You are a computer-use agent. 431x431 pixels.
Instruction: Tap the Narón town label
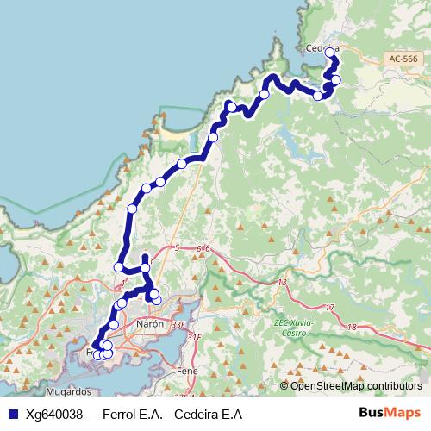click(148, 324)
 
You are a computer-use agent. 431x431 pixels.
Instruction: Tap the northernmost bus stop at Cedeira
click(329, 53)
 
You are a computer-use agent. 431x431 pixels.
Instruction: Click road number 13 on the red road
click(282, 283)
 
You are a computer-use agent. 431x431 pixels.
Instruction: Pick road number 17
click(329, 308)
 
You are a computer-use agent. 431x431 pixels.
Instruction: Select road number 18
click(351, 327)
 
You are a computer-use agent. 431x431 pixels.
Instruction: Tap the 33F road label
click(178, 324)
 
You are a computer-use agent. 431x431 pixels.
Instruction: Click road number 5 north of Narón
click(177, 248)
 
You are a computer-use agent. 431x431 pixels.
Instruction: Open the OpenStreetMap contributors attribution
click(356, 385)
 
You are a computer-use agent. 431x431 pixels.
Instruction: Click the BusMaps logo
click(390, 414)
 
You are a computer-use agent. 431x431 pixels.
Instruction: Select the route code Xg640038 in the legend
click(54, 414)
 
